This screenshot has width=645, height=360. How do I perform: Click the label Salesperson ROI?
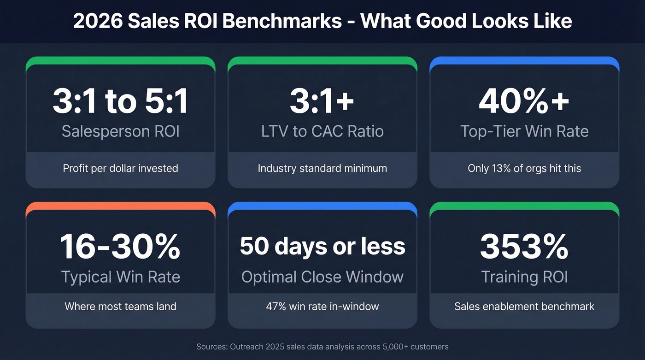tap(120, 131)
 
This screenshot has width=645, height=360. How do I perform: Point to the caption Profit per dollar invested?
tap(120, 168)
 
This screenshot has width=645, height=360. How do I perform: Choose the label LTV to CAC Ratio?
tap(322, 131)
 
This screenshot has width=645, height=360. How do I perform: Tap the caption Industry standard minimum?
tap(322, 168)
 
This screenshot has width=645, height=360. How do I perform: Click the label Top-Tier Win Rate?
tap(524, 131)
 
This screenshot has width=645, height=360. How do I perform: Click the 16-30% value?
tap(120, 247)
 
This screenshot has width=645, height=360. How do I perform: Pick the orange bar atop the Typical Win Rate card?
tap(120, 206)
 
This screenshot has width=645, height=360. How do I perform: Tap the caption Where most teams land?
tap(120, 306)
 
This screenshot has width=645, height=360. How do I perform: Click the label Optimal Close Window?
tap(322, 277)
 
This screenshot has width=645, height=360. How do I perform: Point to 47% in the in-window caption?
tap(276, 306)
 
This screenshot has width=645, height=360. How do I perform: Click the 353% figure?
tap(524, 247)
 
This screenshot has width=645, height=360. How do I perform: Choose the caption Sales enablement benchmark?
tap(524, 306)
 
